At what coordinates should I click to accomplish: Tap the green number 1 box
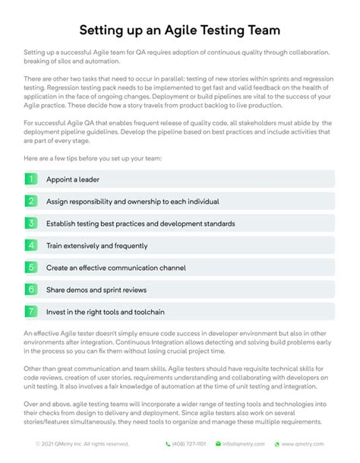tap(31, 179)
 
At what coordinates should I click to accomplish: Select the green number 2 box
tap(31, 201)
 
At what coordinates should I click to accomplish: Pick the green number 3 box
tap(31, 224)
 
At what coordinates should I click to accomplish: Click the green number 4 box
tap(31, 246)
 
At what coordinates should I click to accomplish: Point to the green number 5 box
tap(31, 268)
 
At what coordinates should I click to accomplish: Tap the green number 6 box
tap(31, 290)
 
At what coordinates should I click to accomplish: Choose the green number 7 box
tap(31, 312)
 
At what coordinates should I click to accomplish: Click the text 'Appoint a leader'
tap(72, 179)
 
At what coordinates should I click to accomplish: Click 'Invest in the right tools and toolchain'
tap(106, 312)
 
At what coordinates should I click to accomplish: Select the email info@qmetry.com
tap(245, 444)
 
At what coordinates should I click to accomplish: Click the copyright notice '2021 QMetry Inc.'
tap(76, 444)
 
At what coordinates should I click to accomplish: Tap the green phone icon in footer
tap(168, 444)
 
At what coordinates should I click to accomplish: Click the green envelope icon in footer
tap(216, 444)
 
